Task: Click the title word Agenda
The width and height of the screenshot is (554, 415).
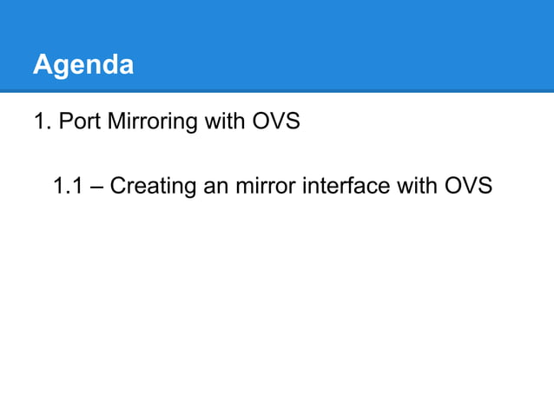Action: coord(83,65)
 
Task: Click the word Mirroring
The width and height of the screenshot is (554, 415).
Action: coord(152,122)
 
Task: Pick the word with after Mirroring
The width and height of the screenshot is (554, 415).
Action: coord(224,121)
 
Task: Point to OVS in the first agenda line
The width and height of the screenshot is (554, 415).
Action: coord(275,121)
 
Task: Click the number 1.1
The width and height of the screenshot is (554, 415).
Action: coord(68,185)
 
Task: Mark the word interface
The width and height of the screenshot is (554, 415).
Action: coord(341,186)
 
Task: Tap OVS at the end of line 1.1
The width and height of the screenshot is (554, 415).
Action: coord(468,186)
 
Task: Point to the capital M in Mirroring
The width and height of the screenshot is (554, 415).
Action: coord(114,121)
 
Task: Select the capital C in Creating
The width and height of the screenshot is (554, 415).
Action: coord(118,186)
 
